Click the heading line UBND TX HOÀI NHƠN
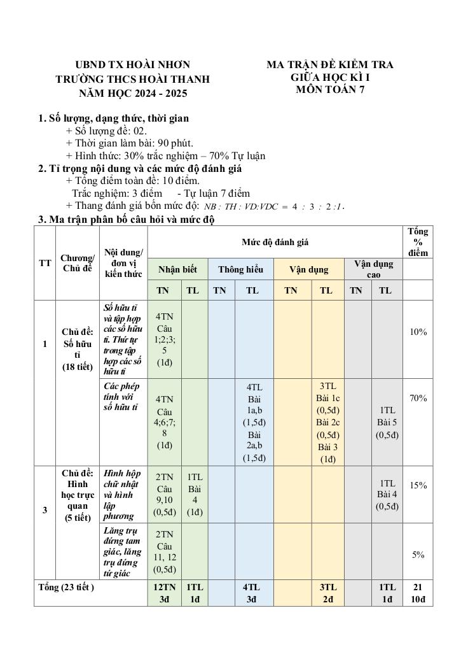click(x=132, y=65)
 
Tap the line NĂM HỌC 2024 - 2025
click(x=133, y=93)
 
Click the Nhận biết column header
click(x=177, y=269)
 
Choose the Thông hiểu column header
click(x=240, y=269)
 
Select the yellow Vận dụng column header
click(x=308, y=269)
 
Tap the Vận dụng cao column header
click(x=373, y=269)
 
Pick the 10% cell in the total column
click(x=418, y=332)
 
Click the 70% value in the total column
click(x=418, y=398)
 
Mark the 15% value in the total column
click(x=418, y=485)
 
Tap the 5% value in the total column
click(x=418, y=555)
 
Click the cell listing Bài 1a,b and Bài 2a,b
click(x=254, y=422)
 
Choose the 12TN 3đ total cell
click(x=165, y=593)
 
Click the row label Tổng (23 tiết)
click(x=67, y=587)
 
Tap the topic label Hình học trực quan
click(x=77, y=495)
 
